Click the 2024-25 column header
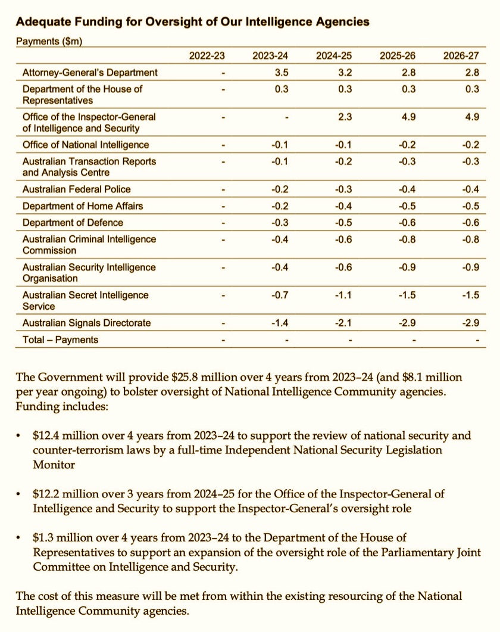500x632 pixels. click(334, 56)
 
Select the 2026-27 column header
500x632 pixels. click(461, 56)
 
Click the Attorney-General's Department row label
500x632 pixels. click(90, 73)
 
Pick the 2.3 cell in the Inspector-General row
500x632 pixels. click(345, 117)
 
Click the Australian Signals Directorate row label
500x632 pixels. click(86, 323)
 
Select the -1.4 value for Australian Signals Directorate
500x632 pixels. click(280, 323)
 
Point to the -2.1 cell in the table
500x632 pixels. click(343, 323)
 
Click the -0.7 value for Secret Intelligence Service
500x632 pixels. click(280, 295)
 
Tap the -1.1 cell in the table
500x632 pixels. click(343, 295)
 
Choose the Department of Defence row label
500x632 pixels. click(73, 223)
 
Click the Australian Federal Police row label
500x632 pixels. click(76, 189)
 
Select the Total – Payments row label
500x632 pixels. click(60, 340)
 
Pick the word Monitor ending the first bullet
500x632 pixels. click(53, 464)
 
